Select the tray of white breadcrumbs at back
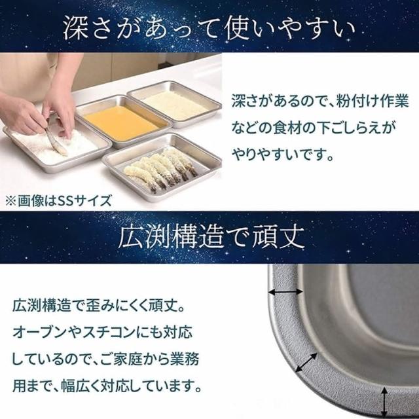175,103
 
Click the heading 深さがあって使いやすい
209,28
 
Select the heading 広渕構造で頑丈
211,237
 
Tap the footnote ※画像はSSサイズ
58,201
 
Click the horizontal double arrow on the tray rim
286,292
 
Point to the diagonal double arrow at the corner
306,362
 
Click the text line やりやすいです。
283,155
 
